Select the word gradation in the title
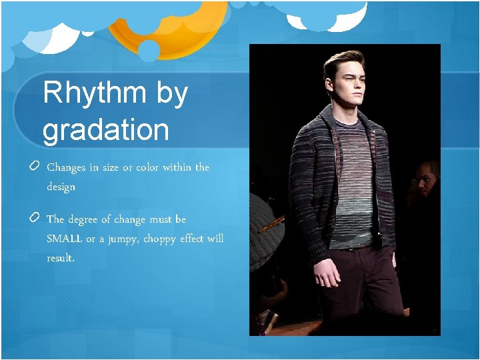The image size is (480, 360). [105, 129]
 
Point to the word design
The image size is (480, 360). [61, 187]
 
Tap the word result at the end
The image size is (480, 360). [61, 258]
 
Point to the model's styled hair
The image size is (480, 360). [343, 61]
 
